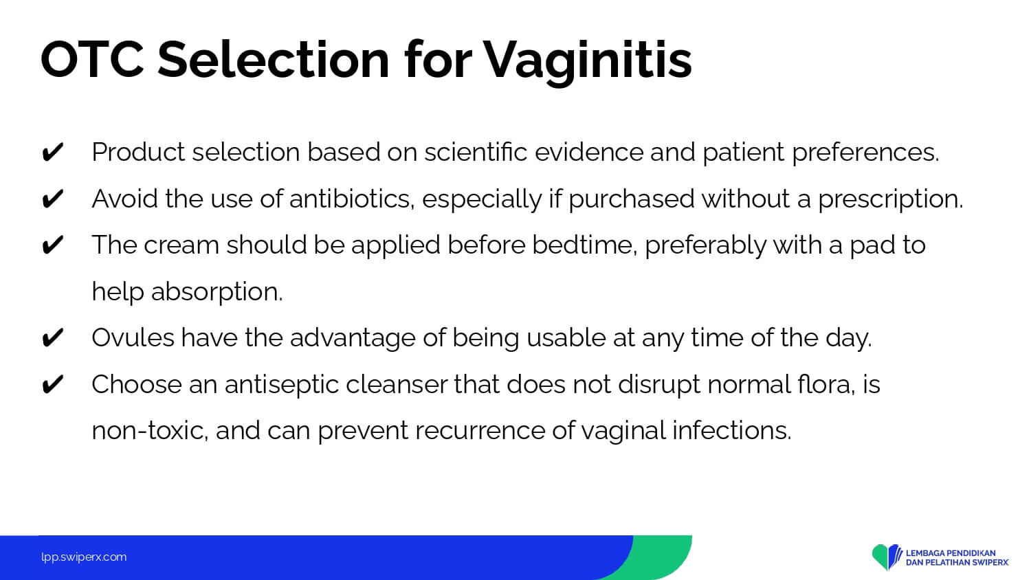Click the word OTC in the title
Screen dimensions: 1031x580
coord(93,60)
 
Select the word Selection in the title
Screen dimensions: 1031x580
coord(274,60)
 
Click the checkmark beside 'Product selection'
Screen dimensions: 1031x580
coord(52,152)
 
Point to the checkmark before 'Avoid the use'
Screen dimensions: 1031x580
coord(52,199)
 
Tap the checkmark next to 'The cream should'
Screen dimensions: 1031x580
coord(52,245)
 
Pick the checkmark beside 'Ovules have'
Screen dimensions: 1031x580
coord(52,338)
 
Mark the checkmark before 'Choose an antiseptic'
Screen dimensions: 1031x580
coord(52,384)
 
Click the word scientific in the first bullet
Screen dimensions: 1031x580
coord(476,152)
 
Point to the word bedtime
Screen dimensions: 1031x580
coord(585,245)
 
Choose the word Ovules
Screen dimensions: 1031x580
coord(133,337)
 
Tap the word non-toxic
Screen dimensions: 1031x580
coord(150,431)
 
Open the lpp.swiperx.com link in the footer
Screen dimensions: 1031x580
coord(84,557)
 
